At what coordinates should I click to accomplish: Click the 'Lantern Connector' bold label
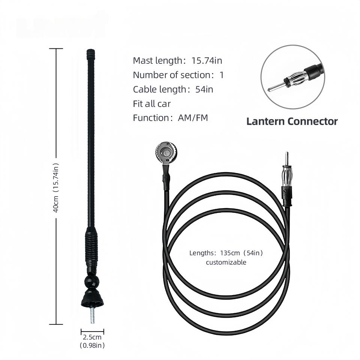tap(292, 121)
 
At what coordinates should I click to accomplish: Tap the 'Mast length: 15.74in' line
tap(177, 61)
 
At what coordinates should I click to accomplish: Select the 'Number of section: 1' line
tap(178, 75)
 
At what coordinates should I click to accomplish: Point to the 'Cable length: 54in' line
tap(173, 89)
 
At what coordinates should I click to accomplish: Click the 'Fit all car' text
tap(152, 104)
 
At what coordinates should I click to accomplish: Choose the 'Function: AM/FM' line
tap(170, 118)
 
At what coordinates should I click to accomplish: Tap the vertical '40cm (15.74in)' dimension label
tap(56, 188)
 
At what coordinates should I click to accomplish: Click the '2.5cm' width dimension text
tap(92, 337)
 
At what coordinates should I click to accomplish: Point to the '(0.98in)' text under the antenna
tap(92, 345)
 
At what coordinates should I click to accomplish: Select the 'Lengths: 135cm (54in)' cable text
tap(226, 253)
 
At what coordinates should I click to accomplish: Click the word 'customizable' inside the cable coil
tap(226, 262)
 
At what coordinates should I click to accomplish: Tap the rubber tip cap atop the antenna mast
tap(91, 54)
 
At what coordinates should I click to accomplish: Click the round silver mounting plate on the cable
tap(166, 153)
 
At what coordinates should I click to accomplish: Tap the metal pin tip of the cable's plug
tap(286, 158)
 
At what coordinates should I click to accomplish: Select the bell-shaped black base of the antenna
tap(92, 298)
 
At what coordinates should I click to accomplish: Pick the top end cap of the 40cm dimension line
tap(56, 49)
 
